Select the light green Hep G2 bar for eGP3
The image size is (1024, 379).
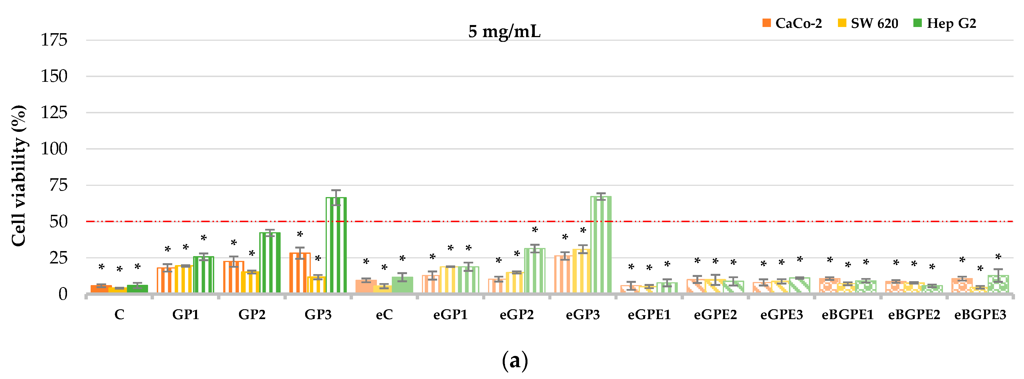tap(601, 245)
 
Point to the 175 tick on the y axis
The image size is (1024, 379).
tap(54, 40)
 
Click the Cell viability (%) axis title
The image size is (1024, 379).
tap(19, 176)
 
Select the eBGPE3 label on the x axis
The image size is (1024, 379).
tap(980, 315)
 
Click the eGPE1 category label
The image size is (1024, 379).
tap(649, 315)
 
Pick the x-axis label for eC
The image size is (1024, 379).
tap(384, 315)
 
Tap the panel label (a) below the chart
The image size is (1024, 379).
tap(515, 361)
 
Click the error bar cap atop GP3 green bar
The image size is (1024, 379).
tap(336, 190)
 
